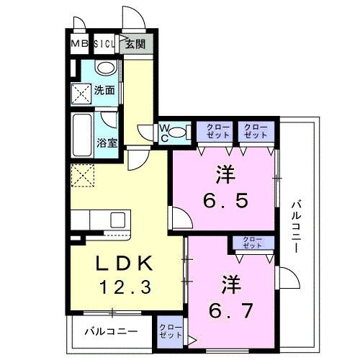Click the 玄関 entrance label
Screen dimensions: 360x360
coord(135,44)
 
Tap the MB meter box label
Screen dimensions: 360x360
coord(80,44)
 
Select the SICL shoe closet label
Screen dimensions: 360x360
coord(104,44)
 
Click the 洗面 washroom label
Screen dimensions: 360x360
coord(104,90)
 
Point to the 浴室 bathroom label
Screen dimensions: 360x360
coord(107,143)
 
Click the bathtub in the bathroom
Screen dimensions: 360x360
coord(82,135)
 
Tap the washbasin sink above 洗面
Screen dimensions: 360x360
coord(106,67)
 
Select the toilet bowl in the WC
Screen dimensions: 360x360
coord(178,132)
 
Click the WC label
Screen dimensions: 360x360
coord(164,133)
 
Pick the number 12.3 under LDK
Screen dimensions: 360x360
coord(125,287)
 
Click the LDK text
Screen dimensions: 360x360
coord(125,264)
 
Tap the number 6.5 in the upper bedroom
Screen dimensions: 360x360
coord(225,201)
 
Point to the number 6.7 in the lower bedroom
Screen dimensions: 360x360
coord(230,310)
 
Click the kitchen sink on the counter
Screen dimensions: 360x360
coord(117,220)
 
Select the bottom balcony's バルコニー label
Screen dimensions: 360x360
coord(111,332)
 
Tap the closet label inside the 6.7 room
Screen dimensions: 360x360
coord(252,243)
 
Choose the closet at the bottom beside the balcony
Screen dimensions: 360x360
coord(171,332)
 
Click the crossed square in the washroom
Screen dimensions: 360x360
coord(81,94)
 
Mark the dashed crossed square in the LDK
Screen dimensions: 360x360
coord(83,175)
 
